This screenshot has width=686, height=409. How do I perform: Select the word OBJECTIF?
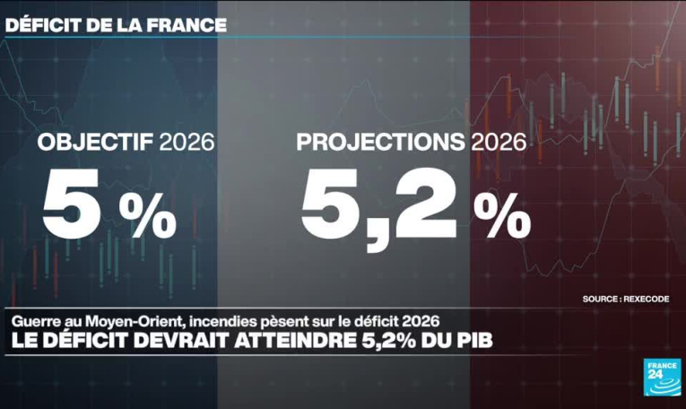(95, 143)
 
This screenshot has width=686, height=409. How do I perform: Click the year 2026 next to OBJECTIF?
(187, 143)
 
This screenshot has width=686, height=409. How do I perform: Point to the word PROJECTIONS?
(380, 143)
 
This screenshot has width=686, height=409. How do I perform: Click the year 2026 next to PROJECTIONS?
(499, 143)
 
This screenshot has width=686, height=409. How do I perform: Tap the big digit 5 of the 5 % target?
(72, 203)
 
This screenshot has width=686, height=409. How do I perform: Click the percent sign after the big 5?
(148, 215)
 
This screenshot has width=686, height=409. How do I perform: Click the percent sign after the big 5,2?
(502, 215)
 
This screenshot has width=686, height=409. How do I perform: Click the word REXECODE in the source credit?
(647, 300)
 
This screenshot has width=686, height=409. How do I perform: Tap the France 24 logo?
(663, 377)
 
